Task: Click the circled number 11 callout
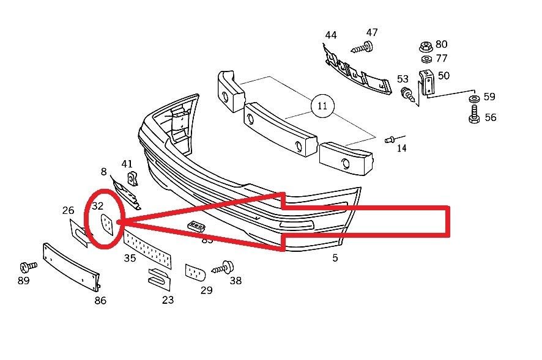pos(322,106)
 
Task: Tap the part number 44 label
pos(330,35)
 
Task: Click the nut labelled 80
pos(425,46)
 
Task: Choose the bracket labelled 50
pos(426,81)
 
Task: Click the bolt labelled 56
pos(473,114)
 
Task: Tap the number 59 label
pos(489,97)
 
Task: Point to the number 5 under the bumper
pos(335,258)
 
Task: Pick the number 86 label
pos(100,300)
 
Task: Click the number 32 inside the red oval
pos(98,207)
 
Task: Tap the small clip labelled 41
pos(132,179)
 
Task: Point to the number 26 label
pos(68,211)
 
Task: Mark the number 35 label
pos(130,258)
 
